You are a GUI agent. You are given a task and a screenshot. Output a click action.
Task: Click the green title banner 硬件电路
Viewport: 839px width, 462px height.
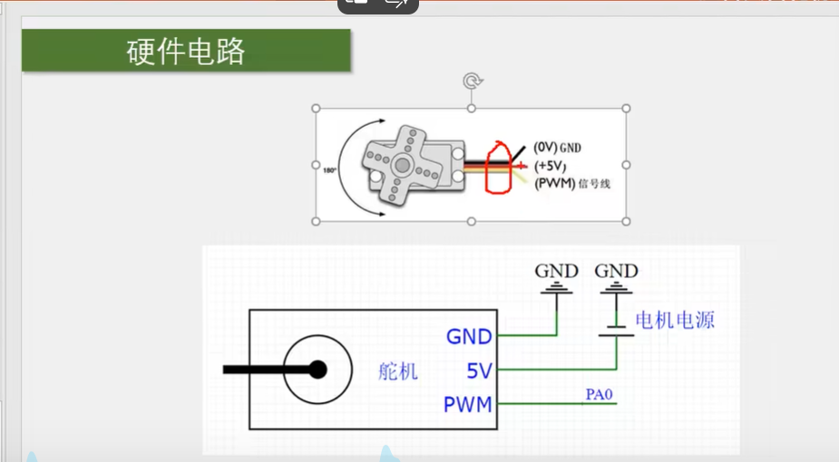tap(186, 50)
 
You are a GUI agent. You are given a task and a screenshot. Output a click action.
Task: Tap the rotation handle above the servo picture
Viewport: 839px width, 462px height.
tap(473, 82)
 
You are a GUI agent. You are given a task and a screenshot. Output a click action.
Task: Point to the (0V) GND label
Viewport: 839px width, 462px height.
tap(557, 148)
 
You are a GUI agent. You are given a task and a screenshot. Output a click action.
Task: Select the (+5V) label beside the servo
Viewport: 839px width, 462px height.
tap(550, 166)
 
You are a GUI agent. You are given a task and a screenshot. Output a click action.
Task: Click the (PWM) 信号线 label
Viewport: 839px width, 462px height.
tap(572, 184)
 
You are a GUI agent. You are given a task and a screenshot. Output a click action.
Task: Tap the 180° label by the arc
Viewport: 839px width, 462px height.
tap(329, 170)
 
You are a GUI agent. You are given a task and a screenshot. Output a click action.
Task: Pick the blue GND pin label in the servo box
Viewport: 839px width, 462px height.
tap(469, 337)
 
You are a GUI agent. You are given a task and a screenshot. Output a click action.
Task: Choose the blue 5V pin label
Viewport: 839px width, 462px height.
tap(479, 371)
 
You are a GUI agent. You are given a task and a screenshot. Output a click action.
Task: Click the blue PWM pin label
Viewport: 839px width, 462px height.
tap(468, 404)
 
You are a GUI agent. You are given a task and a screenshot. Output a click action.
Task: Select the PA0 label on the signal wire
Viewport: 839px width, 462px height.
tap(599, 394)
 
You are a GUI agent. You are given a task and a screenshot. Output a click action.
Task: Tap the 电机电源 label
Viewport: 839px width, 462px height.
tap(675, 320)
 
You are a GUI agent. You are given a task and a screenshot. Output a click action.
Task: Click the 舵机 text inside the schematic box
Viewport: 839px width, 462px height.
tap(397, 371)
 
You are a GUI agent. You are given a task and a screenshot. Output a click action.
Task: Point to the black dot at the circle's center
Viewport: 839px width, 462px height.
tap(317, 369)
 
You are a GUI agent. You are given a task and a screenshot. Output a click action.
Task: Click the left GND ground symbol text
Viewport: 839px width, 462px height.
tap(557, 271)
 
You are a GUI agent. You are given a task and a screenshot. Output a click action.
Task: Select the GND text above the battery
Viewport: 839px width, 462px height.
tap(617, 271)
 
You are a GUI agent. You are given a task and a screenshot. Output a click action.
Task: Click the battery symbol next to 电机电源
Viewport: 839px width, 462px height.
tap(617, 331)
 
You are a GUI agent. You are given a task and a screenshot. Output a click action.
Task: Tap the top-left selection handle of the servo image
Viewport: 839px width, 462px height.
tap(316, 109)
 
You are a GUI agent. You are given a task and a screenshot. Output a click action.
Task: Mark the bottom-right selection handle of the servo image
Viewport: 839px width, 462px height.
tap(626, 221)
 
